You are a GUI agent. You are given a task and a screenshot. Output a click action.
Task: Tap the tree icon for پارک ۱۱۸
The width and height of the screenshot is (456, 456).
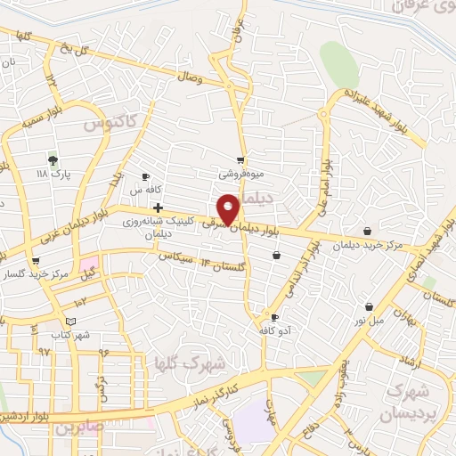click(54, 160)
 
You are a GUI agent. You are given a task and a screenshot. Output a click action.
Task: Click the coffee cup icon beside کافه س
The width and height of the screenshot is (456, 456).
click(145, 177)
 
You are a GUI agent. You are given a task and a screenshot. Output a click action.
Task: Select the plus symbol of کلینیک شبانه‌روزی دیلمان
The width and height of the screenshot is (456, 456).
click(158, 207)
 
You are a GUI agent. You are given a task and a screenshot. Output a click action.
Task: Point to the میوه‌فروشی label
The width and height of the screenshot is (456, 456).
click(241, 176)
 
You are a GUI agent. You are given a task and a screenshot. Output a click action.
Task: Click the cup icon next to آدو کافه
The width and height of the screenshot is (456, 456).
click(274, 318)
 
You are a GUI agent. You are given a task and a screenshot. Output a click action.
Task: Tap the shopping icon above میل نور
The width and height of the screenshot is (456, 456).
click(368, 306)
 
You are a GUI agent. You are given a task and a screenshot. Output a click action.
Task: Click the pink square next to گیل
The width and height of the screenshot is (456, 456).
click(90, 265)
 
